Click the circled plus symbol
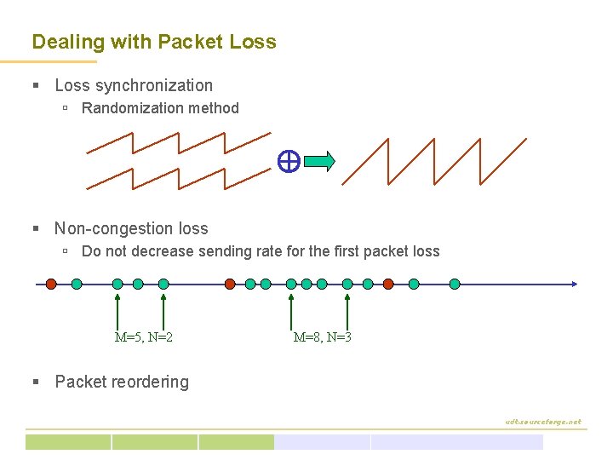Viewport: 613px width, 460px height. pos(288,161)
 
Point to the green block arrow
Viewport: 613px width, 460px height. pos(319,161)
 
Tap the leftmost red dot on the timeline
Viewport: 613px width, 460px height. pos(51,284)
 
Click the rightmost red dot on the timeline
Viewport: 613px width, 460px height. pos(388,284)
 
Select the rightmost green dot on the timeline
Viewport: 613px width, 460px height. pos(455,284)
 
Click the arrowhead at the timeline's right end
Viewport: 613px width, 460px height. pos(575,284)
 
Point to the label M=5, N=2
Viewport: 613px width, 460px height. pos(144,337)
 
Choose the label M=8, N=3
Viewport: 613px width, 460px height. pos(322,337)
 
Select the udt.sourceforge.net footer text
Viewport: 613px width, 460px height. pos(542,421)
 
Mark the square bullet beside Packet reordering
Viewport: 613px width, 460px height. pos(36,382)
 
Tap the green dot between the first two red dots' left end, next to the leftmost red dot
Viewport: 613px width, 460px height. pos(77,284)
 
